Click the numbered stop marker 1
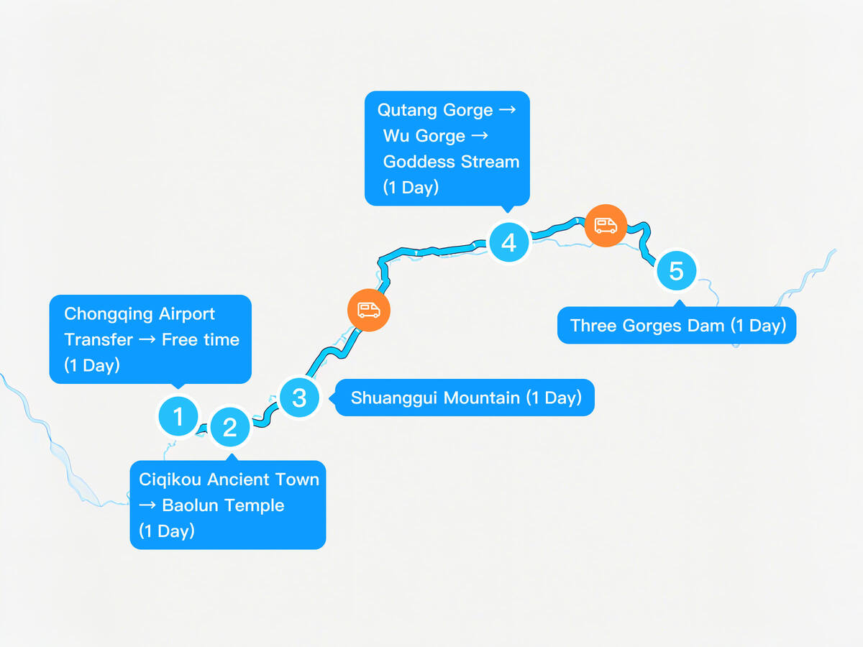(x=178, y=416)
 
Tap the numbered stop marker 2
(x=230, y=427)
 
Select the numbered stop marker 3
(x=299, y=398)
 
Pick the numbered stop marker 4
(x=508, y=242)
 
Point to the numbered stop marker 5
(x=676, y=271)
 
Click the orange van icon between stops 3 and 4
(x=369, y=310)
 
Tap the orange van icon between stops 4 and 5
(x=606, y=226)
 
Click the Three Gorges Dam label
(x=677, y=325)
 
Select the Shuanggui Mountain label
(x=465, y=398)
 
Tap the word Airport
(x=187, y=315)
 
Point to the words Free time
(x=201, y=339)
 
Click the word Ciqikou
(x=170, y=480)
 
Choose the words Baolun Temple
(x=223, y=505)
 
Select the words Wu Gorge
(x=424, y=137)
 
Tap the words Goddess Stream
(x=452, y=162)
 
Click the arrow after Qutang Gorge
(x=507, y=109)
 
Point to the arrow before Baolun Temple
(x=147, y=505)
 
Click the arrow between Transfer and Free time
(x=147, y=339)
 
